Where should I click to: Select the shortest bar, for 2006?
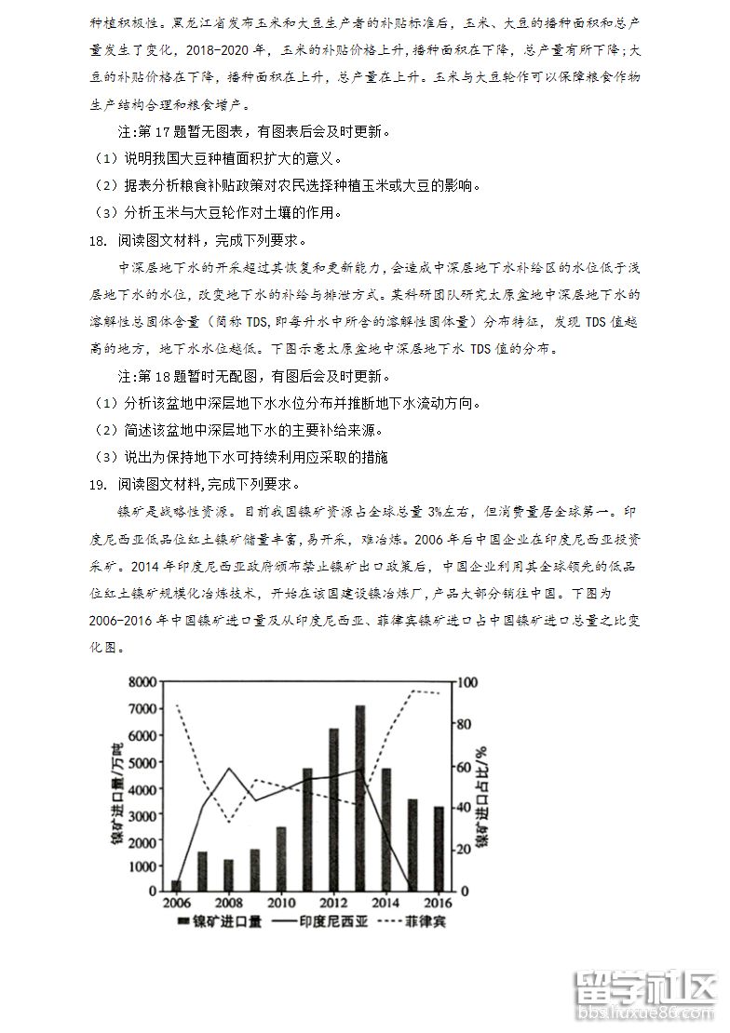pyautogui.click(x=176, y=885)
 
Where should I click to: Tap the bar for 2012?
pyautogui.click(x=333, y=809)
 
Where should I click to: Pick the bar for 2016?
pyautogui.click(x=439, y=848)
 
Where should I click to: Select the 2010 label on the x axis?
pyautogui.click(x=280, y=903)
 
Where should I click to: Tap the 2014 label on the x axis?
pyautogui.click(x=385, y=903)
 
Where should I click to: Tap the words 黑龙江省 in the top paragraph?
pyautogui.click(x=197, y=20)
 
